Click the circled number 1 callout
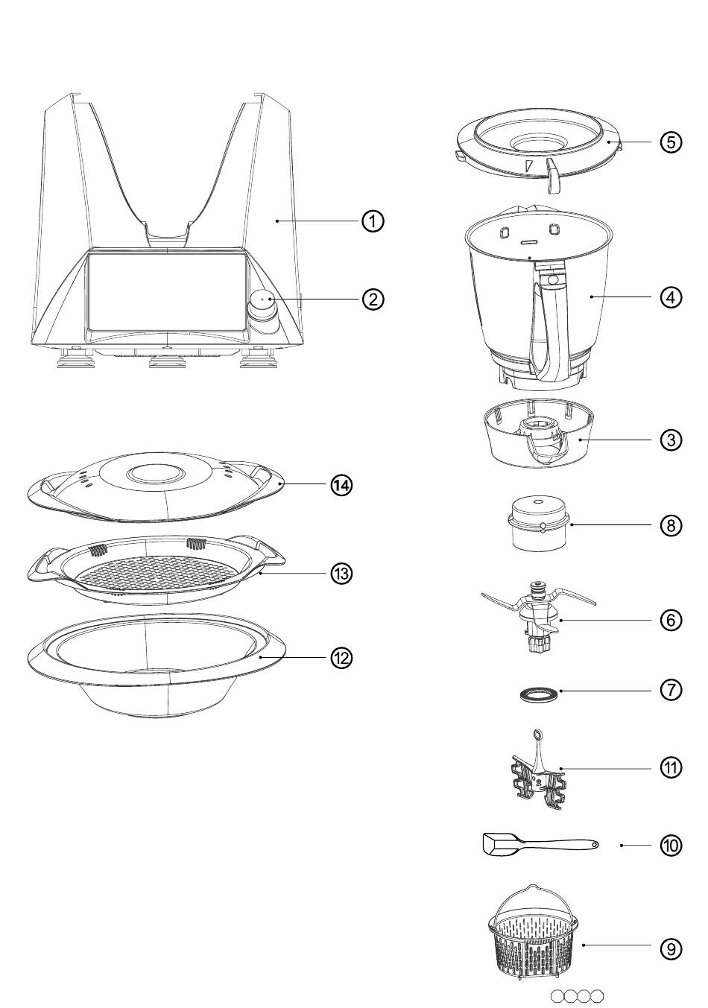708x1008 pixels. [x=373, y=221]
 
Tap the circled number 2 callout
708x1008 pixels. [x=373, y=299]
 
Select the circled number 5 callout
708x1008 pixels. [x=671, y=142]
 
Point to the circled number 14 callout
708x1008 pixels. [x=341, y=485]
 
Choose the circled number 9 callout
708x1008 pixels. [x=671, y=948]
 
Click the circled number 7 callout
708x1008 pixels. [x=671, y=690]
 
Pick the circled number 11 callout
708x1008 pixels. [x=671, y=767]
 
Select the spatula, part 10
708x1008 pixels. [x=537, y=845]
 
